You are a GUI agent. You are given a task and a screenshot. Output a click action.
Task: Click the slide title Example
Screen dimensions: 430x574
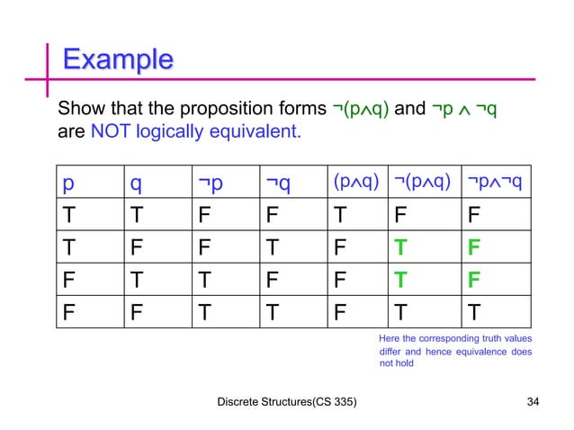click(x=117, y=61)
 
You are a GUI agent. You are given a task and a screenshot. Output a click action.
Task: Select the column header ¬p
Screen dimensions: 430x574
click(x=211, y=184)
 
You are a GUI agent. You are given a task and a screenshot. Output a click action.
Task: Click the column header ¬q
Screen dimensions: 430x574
click(x=277, y=184)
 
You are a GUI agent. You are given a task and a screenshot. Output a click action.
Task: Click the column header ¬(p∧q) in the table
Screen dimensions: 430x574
click(x=422, y=184)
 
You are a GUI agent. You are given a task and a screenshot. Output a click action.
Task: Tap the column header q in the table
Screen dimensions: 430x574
click(x=135, y=184)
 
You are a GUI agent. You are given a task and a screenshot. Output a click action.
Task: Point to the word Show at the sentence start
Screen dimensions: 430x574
click(x=78, y=111)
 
